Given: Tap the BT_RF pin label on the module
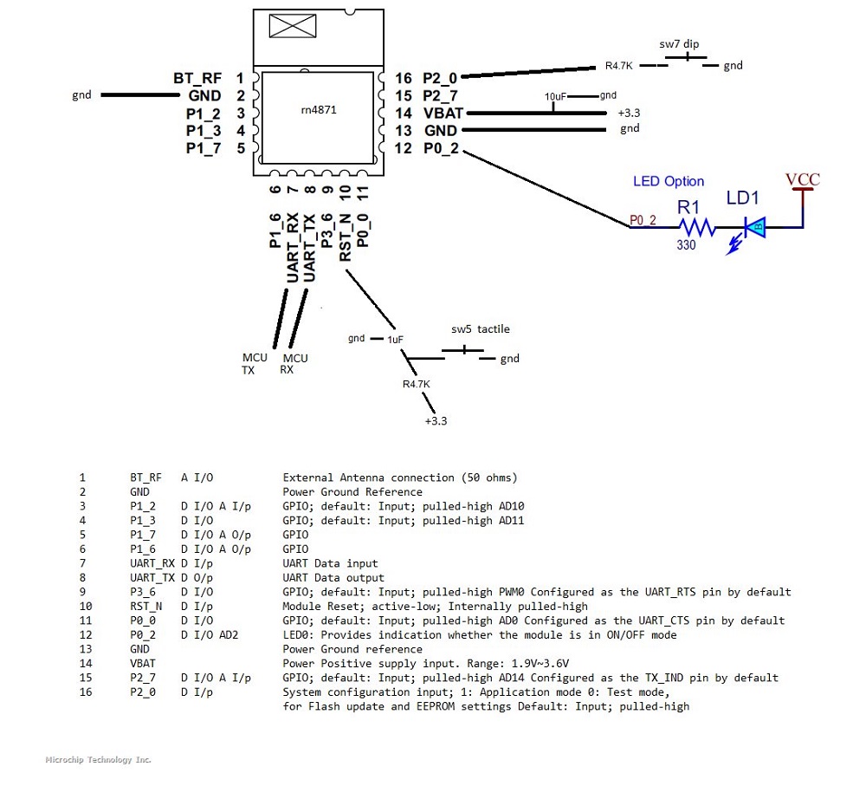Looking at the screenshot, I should pos(197,78).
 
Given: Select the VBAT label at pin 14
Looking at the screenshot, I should pos(442,113).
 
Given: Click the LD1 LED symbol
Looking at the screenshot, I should pos(756,228).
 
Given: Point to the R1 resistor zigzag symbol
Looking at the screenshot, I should pos(697,228).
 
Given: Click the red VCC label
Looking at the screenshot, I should pos(802,180).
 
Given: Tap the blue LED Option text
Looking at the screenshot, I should pos(668,181).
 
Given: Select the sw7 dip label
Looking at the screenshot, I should pos(679,43).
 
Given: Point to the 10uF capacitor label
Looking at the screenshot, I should pos(556,96).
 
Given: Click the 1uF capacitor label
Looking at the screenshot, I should pos(394,339).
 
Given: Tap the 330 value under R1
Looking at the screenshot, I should pos(687,245).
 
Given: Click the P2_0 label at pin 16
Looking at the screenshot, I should pos(440,78).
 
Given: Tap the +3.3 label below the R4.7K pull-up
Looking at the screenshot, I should pos(436,421).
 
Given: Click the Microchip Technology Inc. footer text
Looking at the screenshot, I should pos(98,759).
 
